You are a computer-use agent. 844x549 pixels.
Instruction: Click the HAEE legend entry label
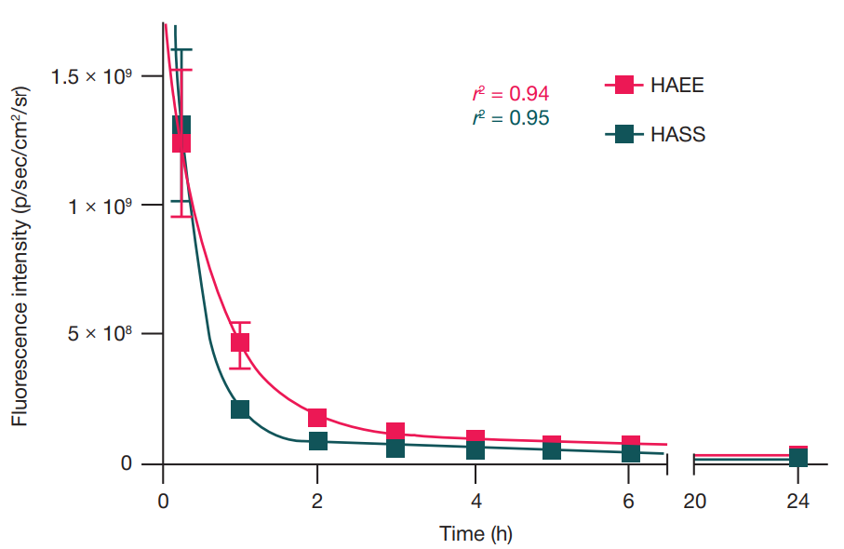pos(677,86)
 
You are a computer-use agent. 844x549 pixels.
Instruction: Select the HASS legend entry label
pos(677,135)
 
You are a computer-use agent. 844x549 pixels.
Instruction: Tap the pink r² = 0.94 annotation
pos(511,94)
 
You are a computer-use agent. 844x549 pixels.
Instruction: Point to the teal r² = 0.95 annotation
pos(511,118)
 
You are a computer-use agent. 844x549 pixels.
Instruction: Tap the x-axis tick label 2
pos(317,501)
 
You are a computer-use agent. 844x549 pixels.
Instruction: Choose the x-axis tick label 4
pos(475,501)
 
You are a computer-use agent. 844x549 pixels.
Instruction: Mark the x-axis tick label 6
pos(629,501)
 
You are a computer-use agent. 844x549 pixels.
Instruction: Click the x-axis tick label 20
pos(694,501)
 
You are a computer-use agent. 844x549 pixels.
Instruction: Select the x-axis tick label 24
pos(797,501)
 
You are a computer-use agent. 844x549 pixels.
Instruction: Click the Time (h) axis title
pos(476,534)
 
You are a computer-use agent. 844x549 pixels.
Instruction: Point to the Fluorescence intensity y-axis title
pos(20,256)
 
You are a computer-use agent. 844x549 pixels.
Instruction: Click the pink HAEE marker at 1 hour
pos(240,342)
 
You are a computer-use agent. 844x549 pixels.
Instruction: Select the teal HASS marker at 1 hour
pos(240,409)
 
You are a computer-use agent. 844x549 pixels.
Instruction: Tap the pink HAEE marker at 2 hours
pos(317,418)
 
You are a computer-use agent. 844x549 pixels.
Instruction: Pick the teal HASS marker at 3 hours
pos(395,448)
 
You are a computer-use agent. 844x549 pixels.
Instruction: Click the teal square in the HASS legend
pos(624,135)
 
